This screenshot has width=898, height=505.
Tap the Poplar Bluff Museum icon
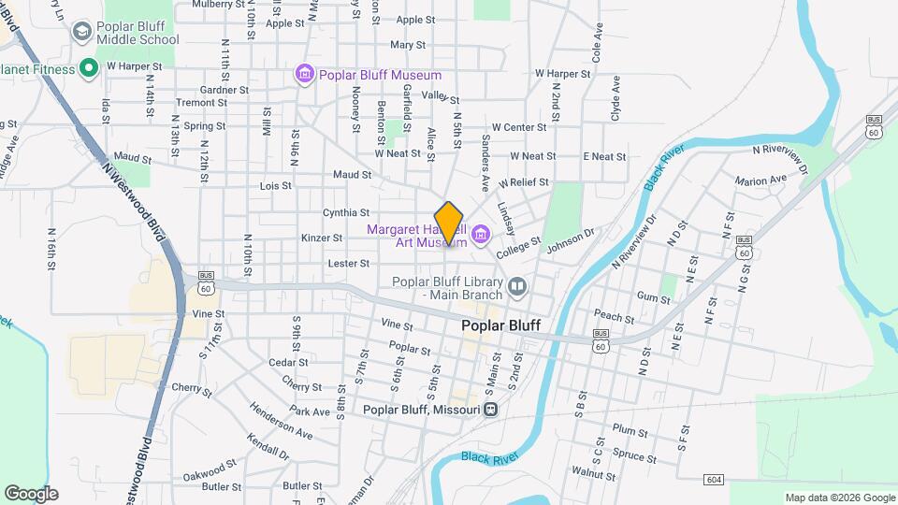pyautogui.click(x=304, y=74)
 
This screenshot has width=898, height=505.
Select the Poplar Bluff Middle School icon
pyautogui.click(x=81, y=33)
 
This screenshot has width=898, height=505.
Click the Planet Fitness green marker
pyautogui.click(x=90, y=67)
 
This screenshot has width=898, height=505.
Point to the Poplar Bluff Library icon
pyautogui.click(x=517, y=285)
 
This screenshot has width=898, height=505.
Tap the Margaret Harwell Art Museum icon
pyautogui.click(x=482, y=234)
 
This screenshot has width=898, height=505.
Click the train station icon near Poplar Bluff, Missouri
pyautogui.click(x=491, y=409)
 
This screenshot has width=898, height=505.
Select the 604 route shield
pyautogui.click(x=715, y=480)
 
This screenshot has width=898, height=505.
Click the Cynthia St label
pyautogui.click(x=346, y=212)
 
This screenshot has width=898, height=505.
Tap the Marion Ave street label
pyautogui.click(x=760, y=180)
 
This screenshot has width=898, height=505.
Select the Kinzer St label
pyautogui.click(x=322, y=238)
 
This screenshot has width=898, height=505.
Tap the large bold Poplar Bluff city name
pyautogui.click(x=501, y=326)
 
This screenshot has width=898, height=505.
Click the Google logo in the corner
pyautogui.click(x=31, y=493)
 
